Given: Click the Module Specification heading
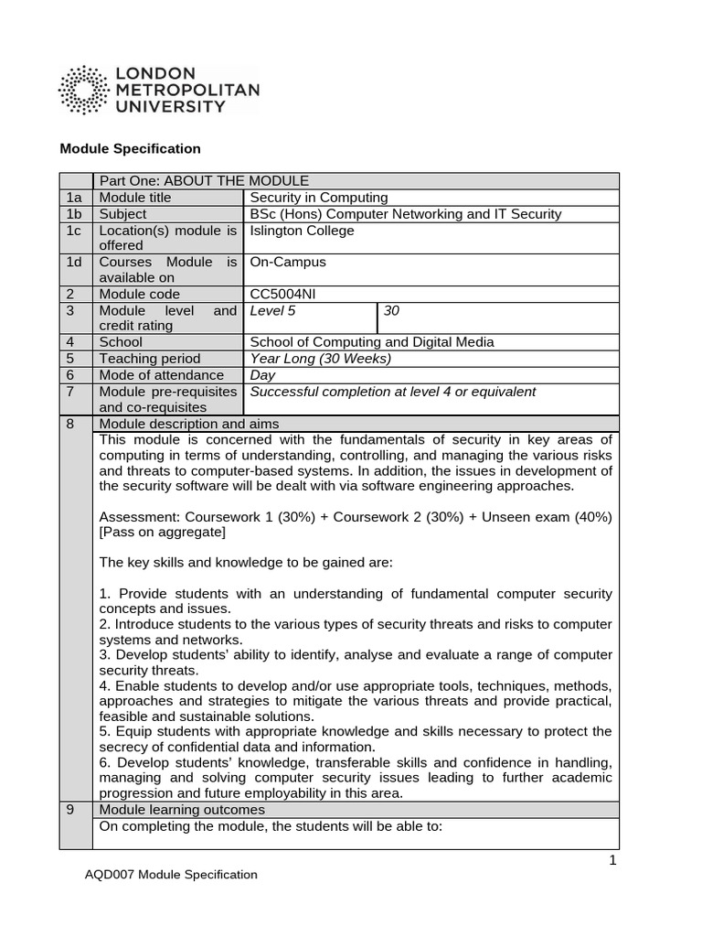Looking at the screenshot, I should click(130, 148).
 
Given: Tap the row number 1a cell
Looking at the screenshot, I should click(77, 198).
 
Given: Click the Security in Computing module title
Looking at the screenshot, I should click(319, 198).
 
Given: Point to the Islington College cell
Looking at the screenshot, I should click(302, 231).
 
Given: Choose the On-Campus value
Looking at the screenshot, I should click(288, 263).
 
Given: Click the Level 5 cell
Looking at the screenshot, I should click(273, 311).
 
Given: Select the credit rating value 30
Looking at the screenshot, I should click(392, 311).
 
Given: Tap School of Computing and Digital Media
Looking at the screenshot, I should click(372, 342).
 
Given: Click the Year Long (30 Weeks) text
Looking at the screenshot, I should click(320, 359).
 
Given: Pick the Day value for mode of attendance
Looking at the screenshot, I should click(262, 375).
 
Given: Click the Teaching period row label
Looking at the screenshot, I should click(149, 359).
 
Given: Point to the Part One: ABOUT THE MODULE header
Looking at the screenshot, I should click(203, 181).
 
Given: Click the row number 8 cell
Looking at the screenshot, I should click(77, 424).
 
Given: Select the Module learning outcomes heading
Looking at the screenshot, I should click(182, 810).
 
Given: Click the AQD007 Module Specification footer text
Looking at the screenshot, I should click(170, 875).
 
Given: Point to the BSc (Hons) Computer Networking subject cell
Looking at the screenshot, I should click(406, 214).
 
